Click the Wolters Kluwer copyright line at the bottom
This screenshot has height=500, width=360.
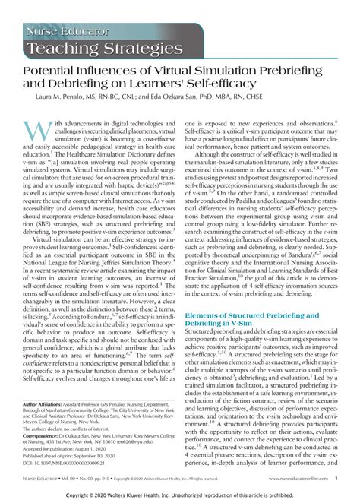(x=180, y=494)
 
